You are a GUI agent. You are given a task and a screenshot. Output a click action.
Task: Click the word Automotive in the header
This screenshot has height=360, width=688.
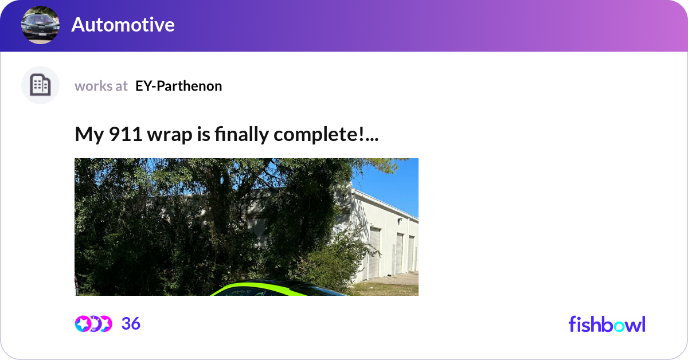[x=123, y=25]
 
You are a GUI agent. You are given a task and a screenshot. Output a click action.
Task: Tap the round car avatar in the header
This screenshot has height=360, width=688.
[x=40, y=25]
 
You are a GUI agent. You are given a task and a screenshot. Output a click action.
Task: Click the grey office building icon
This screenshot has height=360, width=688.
[x=40, y=85]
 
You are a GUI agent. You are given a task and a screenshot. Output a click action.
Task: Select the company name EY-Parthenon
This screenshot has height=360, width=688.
[x=178, y=86]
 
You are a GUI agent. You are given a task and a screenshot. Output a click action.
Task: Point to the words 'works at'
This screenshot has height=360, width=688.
[x=101, y=86]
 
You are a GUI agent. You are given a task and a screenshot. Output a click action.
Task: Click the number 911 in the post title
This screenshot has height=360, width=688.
[x=126, y=134]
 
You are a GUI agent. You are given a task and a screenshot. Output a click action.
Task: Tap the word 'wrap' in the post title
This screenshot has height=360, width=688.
[x=170, y=135]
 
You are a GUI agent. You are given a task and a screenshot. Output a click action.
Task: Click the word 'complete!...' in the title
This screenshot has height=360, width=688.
[x=326, y=134]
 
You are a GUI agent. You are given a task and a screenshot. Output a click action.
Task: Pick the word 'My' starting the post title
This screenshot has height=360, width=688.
[x=89, y=135]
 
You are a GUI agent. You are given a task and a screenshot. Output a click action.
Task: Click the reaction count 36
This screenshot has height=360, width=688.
[x=131, y=323]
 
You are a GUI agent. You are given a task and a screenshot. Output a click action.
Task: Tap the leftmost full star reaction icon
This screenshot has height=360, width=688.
[x=83, y=324]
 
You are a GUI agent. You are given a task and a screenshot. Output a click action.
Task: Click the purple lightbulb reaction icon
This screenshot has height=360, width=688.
[x=95, y=324]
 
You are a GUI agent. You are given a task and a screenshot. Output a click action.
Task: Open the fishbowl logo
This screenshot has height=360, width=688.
[x=607, y=324]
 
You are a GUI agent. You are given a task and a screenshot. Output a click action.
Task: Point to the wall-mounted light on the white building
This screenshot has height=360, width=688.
[x=400, y=220]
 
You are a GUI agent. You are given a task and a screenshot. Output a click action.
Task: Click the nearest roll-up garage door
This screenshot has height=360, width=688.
[x=374, y=252]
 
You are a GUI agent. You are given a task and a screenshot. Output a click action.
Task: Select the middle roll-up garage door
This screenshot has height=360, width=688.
[x=399, y=253]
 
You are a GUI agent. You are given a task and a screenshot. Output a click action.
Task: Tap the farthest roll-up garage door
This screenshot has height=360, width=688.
[x=411, y=253]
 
